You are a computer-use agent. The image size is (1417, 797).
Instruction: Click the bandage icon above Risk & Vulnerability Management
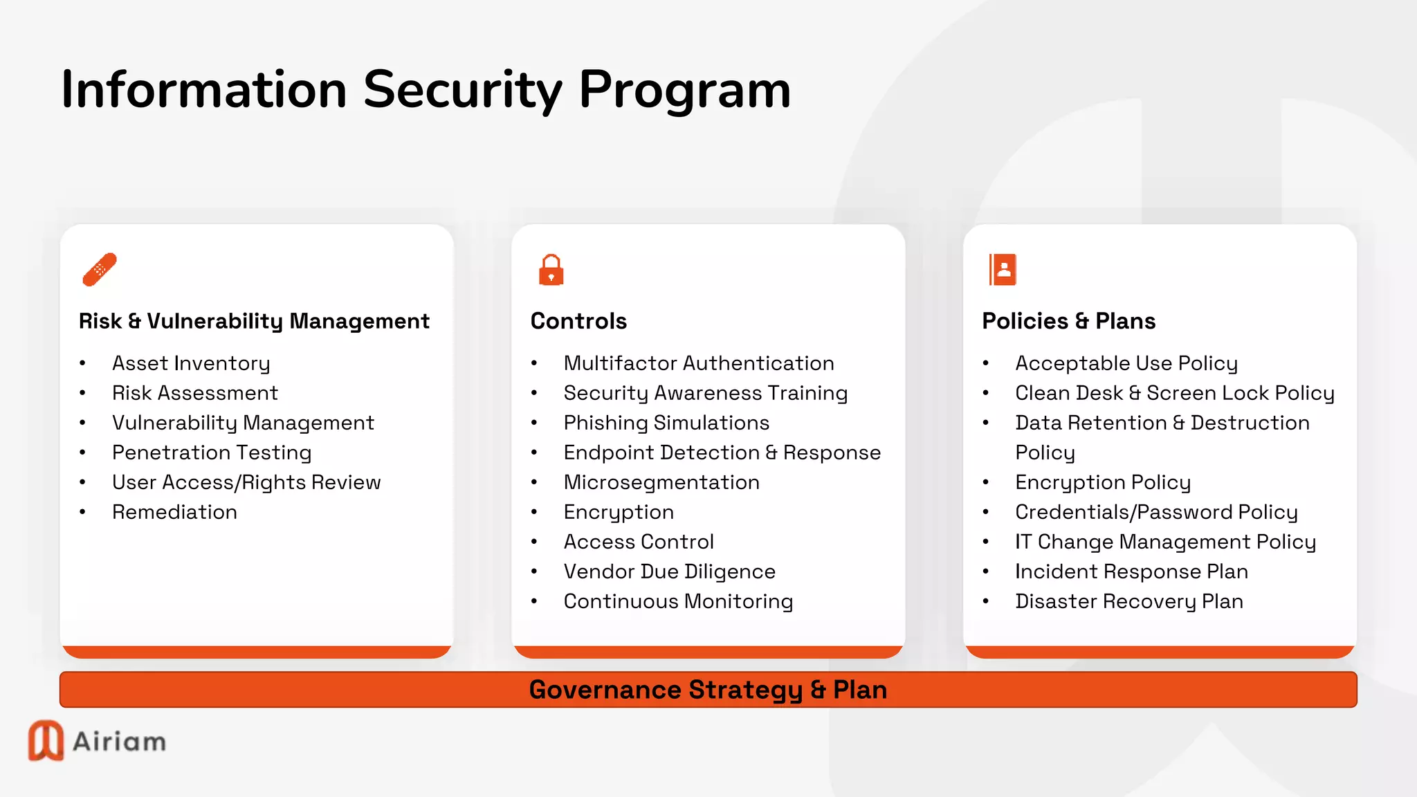pos(100,269)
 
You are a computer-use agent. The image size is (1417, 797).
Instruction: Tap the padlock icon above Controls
pos(551,270)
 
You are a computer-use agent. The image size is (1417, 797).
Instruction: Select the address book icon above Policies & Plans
pos(1003,269)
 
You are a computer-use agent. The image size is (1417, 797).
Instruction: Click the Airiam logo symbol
pos(46,740)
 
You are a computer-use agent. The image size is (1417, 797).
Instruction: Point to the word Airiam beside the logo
pos(119,742)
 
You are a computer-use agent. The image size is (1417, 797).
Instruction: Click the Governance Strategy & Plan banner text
pos(708,690)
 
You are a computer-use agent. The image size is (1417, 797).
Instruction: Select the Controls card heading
pos(578,321)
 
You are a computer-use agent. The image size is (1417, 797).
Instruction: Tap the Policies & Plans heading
pos(1068,321)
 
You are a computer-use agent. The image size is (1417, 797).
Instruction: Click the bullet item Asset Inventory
pos(191,363)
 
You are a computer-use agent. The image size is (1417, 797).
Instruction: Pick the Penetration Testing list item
pos(212,452)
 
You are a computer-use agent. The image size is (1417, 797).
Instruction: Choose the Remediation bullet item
pos(174,512)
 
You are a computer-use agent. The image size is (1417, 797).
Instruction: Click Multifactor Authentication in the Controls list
pos(699,363)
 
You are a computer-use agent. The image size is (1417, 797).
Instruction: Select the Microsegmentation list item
pos(661,482)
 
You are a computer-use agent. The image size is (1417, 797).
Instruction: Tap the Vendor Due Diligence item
pos(669,571)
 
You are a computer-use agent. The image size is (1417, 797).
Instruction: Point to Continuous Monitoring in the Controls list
pos(678,601)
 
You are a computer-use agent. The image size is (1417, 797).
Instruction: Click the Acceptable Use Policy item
pos(1126,363)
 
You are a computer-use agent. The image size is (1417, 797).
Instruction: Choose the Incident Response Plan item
pos(1131,571)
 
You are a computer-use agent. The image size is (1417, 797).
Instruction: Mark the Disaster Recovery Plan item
pos(1129,601)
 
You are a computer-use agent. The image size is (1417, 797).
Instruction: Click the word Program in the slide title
pos(684,90)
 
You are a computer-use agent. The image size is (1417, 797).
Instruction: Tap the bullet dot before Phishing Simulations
pos(534,423)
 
